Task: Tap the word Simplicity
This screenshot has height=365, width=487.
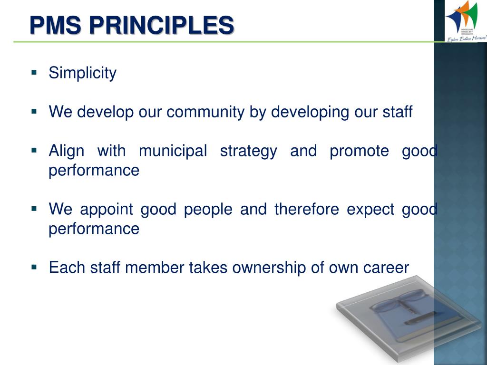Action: pos(82,73)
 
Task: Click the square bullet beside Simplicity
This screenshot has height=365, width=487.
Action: pos(34,73)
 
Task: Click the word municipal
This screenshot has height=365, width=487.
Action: pos(173,151)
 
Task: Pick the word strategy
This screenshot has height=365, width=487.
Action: pos(248,151)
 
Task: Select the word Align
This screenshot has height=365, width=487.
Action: pos(67,151)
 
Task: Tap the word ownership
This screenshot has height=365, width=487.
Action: pos(270,268)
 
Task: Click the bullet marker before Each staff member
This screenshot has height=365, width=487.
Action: pos(34,267)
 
